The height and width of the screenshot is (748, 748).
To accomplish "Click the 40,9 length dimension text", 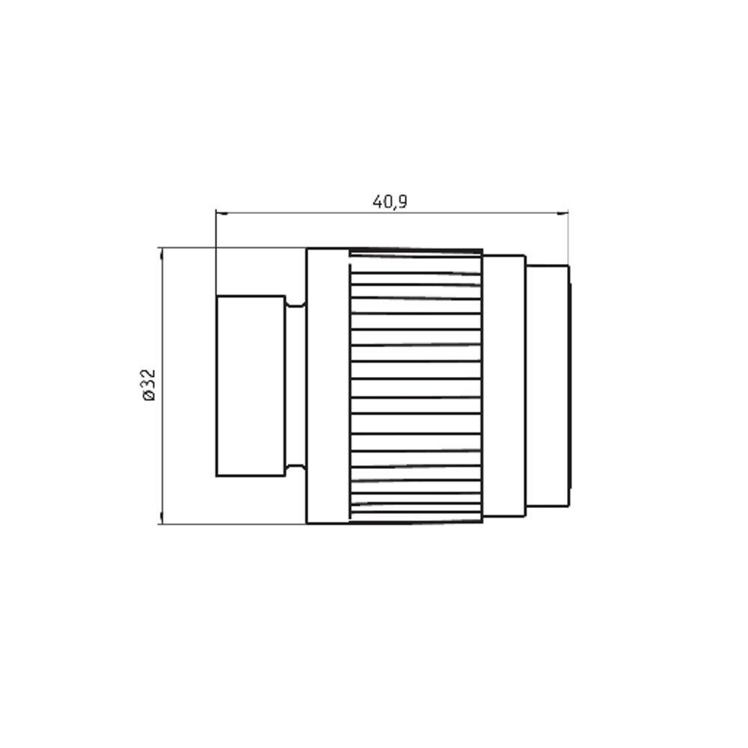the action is [390, 202].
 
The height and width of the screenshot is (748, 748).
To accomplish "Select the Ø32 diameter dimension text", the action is [149, 384].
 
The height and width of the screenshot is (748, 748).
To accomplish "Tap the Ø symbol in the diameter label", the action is [149, 396].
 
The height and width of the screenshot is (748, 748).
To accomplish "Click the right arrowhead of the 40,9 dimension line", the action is [562, 213].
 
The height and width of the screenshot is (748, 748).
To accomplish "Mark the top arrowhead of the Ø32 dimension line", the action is [162, 254].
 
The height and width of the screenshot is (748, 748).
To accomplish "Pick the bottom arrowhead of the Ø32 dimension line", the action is [162, 518].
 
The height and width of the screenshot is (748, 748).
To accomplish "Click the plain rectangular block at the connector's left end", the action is [251, 386].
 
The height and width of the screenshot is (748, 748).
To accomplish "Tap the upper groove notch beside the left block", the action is [295, 301].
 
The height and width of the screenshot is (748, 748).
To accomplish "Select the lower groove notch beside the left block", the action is [295, 470].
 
